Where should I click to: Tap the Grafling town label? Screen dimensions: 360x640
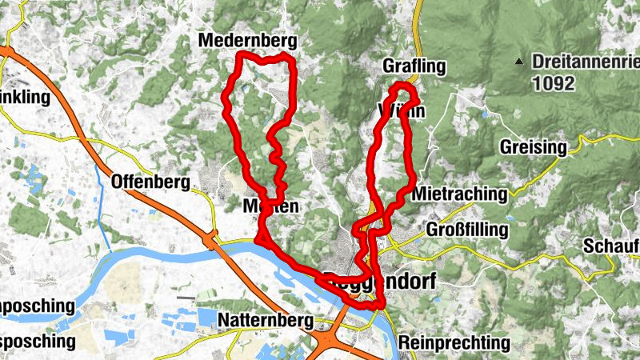point(413,66)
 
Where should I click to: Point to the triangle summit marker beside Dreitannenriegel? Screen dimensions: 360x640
point(519,61)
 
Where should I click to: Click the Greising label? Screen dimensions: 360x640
point(533,147)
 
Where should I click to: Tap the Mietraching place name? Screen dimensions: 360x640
point(460,194)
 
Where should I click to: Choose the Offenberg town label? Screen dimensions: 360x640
point(151,182)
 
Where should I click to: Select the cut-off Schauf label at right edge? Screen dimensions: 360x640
point(611,246)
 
